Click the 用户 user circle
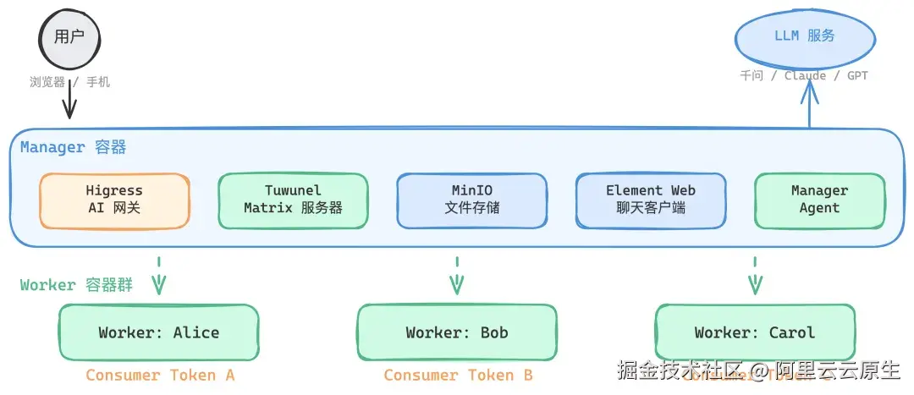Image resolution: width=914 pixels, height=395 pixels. click(69, 37)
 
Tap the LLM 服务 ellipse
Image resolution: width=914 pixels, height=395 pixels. click(803, 36)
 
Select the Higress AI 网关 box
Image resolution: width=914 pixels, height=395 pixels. click(114, 200)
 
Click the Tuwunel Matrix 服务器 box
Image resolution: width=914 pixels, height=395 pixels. click(293, 200)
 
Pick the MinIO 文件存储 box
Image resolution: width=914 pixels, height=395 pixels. click(471, 200)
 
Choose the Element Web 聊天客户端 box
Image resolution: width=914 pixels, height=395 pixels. click(650, 200)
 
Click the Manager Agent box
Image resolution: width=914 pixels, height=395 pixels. click(818, 200)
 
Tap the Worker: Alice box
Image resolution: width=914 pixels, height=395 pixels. click(158, 332)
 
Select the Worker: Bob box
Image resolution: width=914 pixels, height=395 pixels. click(457, 332)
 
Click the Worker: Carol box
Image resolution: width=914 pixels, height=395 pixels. click(755, 332)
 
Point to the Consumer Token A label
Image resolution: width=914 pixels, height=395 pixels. click(160, 376)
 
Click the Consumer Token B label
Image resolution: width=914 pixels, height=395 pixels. click(458, 376)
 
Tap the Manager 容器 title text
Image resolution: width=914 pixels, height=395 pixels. click(74, 148)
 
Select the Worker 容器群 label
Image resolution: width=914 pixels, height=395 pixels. click(77, 285)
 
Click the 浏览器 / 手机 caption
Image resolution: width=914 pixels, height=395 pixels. click(69, 83)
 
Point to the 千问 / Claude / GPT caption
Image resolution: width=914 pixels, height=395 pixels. click(803, 76)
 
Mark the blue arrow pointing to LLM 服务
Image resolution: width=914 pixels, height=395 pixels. click(810, 106)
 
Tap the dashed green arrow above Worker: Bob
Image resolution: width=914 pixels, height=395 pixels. click(457, 276)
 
